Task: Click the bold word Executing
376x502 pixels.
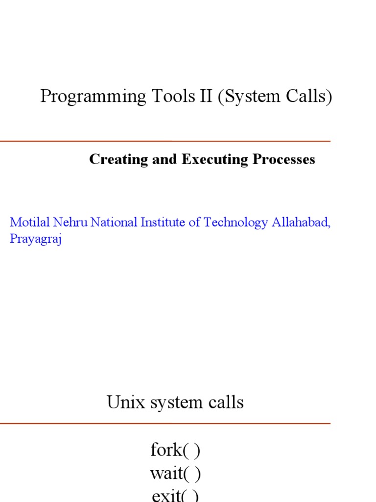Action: (x=215, y=160)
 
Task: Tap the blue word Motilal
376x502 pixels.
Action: (x=28, y=222)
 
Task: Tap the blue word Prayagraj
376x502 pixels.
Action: (x=35, y=240)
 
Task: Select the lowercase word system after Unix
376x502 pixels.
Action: (x=169, y=403)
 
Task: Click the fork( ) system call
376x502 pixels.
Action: (x=175, y=450)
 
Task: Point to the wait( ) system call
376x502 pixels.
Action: (x=175, y=474)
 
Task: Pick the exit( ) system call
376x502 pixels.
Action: (x=175, y=496)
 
